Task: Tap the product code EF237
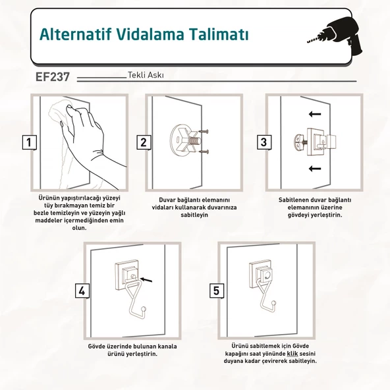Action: pos(53,77)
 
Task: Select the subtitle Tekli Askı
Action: pos(146,75)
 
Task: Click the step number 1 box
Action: pos(30,142)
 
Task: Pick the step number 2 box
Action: pos(144,142)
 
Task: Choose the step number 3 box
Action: pos(264,142)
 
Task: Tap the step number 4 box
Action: pos(82,291)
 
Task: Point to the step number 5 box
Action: pos(216,291)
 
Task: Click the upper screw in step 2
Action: pos(203,132)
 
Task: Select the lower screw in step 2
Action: pos(203,152)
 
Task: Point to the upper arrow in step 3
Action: pos(315,114)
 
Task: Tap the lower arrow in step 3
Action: pos(315,169)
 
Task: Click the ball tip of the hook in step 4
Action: pos(144,309)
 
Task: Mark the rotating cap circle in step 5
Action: pos(268,275)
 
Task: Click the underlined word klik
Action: pos(292,354)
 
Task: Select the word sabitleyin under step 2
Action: pos(194,215)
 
